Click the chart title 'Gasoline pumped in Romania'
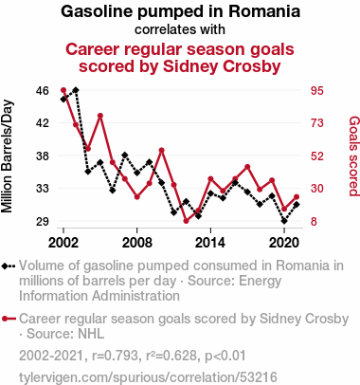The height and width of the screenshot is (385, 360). click(180, 11)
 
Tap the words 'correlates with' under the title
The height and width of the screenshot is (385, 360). click(180, 29)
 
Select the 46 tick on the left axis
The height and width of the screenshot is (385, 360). click(43, 91)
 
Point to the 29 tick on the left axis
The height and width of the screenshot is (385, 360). click(43, 221)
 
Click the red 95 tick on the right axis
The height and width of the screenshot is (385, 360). click(317, 91)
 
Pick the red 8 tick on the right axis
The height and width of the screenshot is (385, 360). click(314, 221)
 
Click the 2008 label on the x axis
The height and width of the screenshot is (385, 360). click(137, 243)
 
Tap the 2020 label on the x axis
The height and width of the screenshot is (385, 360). click(284, 243)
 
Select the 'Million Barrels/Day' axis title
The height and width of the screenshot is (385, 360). click(7, 156)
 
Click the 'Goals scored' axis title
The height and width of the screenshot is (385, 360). click(354, 156)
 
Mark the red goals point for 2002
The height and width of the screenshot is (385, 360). click(63, 90)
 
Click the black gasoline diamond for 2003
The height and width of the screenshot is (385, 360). click(76, 90)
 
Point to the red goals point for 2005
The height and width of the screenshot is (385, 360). click(100, 116)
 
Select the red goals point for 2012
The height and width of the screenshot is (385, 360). click(186, 221)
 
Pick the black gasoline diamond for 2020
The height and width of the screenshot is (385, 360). click(284, 221)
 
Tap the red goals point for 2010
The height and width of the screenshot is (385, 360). click(161, 150)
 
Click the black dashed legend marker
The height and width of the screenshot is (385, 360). click(9, 266)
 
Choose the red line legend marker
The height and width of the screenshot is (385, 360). click(9, 319)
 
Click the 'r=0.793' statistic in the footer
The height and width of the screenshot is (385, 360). click(115, 356)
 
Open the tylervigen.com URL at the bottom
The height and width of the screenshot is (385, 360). click(148, 377)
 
